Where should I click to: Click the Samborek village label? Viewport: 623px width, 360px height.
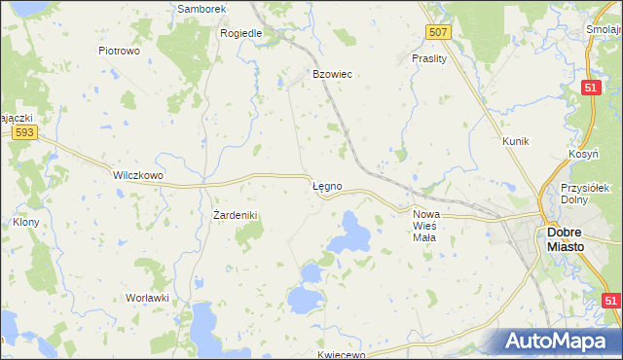[x=202, y=9]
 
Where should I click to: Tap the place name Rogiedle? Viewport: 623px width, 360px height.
[x=242, y=32]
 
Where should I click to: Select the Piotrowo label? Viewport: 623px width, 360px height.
[x=120, y=50]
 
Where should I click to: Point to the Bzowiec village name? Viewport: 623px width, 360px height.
[x=331, y=74]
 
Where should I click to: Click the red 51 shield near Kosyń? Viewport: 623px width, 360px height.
[x=591, y=89]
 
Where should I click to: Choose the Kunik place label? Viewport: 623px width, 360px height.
[x=515, y=141]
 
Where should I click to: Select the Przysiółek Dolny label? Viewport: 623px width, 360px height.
[x=585, y=194]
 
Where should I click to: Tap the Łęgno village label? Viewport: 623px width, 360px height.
[x=326, y=185]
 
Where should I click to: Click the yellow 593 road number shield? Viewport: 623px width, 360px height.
[x=25, y=132]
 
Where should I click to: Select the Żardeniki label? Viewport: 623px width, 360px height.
[x=234, y=214]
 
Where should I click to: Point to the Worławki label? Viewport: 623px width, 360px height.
[x=148, y=297]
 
